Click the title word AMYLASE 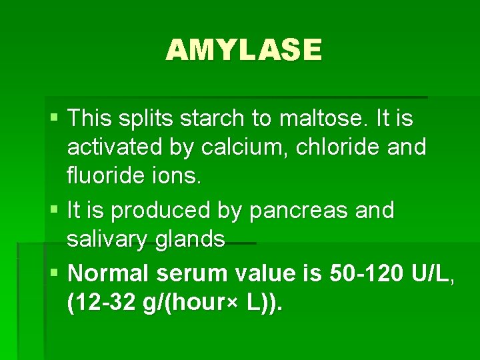tap(243, 49)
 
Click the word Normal tap(111, 274)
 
